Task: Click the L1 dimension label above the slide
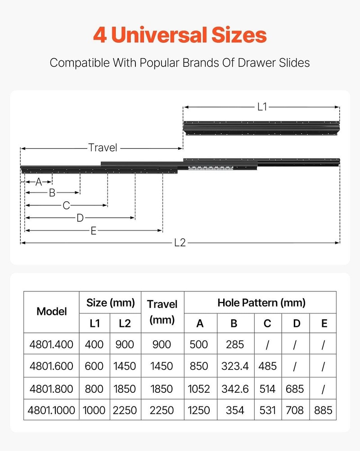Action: point(262,107)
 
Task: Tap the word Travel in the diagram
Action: point(103,147)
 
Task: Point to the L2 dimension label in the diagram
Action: point(180,243)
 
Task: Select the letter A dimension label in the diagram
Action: point(39,182)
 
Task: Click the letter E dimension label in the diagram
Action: point(94,230)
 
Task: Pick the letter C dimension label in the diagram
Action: point(66,206)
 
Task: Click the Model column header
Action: point(51,311)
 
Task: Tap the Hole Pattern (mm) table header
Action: point(261,302)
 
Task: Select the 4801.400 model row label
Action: point(51,345)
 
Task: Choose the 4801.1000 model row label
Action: point(51,410)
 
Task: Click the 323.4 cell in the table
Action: point(235,366)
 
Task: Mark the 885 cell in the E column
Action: point(323,410)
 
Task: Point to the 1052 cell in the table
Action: point(200,388)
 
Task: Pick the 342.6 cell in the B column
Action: point(235,388)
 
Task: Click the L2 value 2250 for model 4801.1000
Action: point(125,410)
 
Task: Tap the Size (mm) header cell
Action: point(110,302)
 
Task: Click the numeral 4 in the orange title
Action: point(100,35)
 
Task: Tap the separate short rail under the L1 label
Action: point(261,127)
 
